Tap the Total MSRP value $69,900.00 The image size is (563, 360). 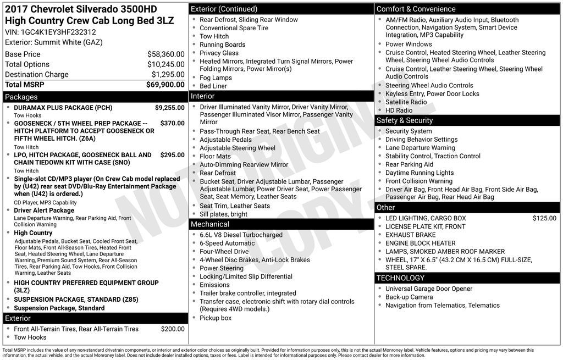[x=165, y=85]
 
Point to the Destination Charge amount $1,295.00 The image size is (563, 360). [x=168, y=74]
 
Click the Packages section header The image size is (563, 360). [x=21, y=97]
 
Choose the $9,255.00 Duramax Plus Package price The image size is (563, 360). [x=169, y=108]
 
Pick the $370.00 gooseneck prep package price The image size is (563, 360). [x=172, y=124]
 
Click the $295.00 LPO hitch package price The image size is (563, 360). [x=172, y=155]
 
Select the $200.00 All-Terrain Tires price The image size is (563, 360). [x=173, y=329]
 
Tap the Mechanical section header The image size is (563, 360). [x=209, y=224]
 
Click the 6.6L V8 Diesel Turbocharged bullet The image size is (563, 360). [x=241, y=235]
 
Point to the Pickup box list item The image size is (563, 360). [x=216, y=318]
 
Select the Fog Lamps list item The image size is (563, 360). [x=216, y=78]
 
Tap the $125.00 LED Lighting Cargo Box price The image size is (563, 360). [x=544, y=218]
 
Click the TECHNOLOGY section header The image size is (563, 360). [x=400, y=278]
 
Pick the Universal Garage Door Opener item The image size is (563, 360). [x=428, y=289]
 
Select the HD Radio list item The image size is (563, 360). [x=399, y=110]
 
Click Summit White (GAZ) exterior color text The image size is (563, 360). [x=69, y=42]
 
